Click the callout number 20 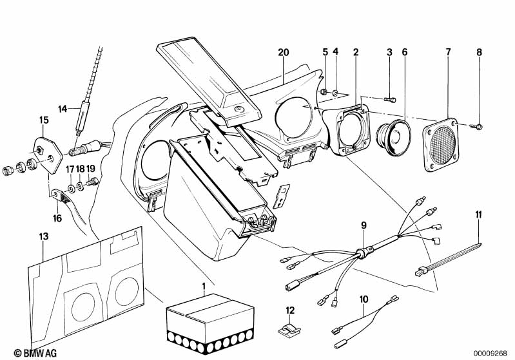(284, 52)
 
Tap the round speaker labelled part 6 (393, 138)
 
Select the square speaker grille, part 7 (440, 145)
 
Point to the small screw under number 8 (478, 126)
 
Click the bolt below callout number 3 (390, 99)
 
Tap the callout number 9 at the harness (364, 225)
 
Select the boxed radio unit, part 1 (210, 323)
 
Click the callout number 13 (44, 236)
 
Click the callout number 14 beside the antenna (63, 109)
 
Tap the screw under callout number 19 (92, 181)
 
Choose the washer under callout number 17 (71, 188)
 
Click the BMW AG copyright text (35, 353)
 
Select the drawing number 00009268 (491, 354)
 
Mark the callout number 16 (57, 218)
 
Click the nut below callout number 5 (324, 91)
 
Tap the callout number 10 (364, 299)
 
